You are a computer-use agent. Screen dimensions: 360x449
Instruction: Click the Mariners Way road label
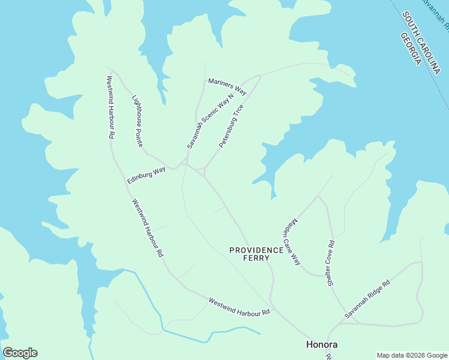(228, 86)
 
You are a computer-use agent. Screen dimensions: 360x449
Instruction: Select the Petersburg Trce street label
(231, 127)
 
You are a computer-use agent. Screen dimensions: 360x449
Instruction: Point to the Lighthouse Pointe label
(142, 117)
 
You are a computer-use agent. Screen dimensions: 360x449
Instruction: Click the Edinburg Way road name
(146, 175)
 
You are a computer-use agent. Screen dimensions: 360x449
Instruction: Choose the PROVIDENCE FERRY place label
(256, 254)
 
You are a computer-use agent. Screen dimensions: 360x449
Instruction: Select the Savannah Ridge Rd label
(367, 299)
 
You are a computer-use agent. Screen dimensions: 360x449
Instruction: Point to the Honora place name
(322, 344)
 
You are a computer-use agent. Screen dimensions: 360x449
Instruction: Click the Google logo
(20, 353)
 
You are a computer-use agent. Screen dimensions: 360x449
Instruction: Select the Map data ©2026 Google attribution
(411, 355)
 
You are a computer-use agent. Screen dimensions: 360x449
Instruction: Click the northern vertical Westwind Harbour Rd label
(110, 107)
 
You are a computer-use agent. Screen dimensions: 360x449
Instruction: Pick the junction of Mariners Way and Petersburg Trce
(259, 76)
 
